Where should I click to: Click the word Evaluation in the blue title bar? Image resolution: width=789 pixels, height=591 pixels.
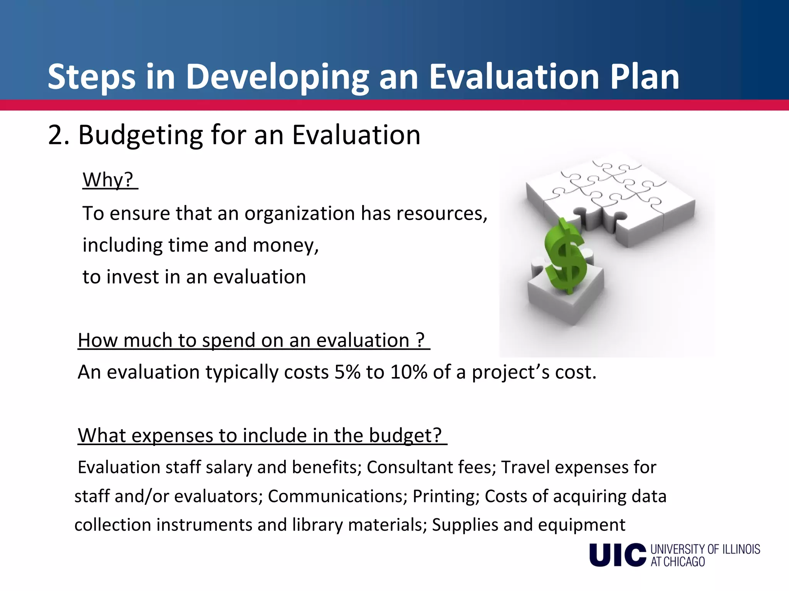coord(514,77)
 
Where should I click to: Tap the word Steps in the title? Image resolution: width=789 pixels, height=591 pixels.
coord(91,77)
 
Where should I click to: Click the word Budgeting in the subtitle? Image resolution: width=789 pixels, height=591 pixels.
coord(141,135)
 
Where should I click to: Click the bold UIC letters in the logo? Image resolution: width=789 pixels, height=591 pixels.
coord(617,555)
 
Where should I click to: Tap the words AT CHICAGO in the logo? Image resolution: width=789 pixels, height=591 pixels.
coord(678,562)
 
